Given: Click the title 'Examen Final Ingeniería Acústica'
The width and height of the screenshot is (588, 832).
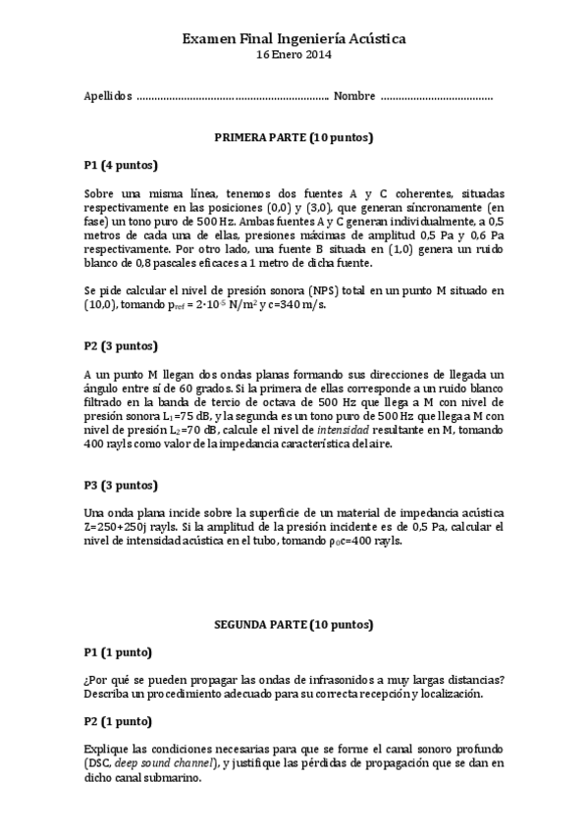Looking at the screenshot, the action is [294, 37].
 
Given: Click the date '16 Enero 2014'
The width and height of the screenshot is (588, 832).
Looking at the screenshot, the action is [294, 55].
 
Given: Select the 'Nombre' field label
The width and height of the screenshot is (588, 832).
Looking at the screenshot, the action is [354, 96].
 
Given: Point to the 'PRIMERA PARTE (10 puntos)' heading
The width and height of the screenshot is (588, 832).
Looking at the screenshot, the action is [294, 137].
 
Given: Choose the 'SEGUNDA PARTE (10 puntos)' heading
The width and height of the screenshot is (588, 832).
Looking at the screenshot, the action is [294, 624].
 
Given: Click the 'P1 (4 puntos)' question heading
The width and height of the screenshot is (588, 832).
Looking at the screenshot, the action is [121, 165].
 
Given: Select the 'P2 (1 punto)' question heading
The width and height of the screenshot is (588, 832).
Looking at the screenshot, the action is [118, 721].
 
